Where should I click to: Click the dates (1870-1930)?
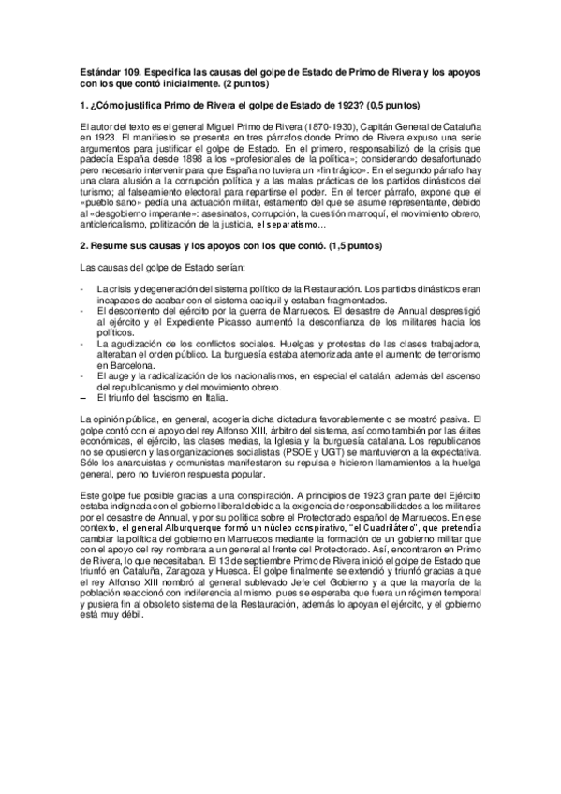(x=282, y=126)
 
